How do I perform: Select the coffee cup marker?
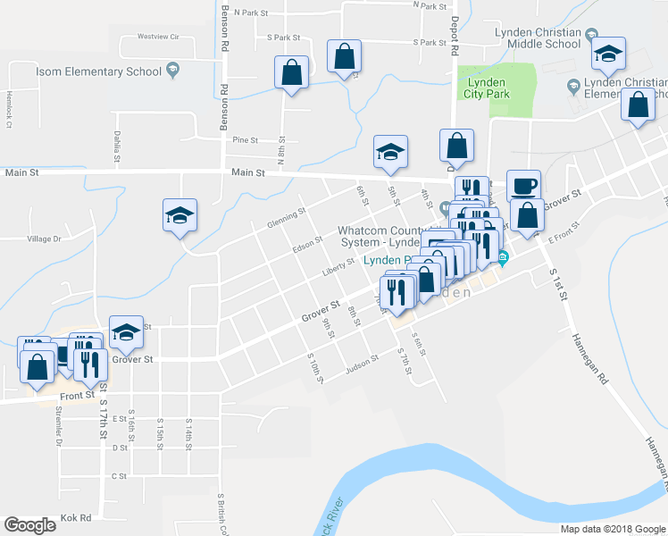524,187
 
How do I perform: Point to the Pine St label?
245,140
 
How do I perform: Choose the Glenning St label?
286,218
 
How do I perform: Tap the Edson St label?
306,243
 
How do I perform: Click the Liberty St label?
338,268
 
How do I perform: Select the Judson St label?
363,362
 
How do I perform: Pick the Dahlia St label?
116,146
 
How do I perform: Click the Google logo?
30,525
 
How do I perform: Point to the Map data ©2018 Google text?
613,528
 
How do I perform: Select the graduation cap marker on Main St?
390,152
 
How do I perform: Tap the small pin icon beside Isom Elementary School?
171,70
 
